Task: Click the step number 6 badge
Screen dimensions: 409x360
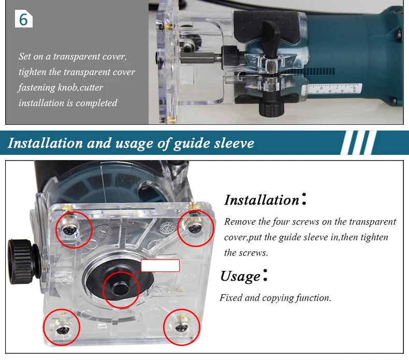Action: click(24, 19)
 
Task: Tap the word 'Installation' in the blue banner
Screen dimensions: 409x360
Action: click(45, 143)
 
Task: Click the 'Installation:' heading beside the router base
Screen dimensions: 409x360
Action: click(265, 200)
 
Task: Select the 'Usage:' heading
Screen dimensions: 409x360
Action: click(244, 276)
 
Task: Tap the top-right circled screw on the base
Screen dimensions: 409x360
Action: click(194, 228)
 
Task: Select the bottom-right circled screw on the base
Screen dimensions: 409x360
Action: click(180, 327)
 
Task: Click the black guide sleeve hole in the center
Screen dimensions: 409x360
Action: click(121, 289)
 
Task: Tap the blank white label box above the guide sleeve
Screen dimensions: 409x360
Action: click(160, 266)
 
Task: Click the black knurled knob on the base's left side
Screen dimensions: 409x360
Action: click(23, 261)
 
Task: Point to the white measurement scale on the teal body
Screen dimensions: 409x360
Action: click(332, 89)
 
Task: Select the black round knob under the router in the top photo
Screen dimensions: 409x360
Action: click(271, 107)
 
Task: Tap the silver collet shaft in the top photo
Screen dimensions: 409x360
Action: click(200, 57)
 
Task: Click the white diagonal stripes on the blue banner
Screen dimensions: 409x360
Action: click(359, 142)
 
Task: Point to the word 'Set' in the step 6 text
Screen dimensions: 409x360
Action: click(25, 56)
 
